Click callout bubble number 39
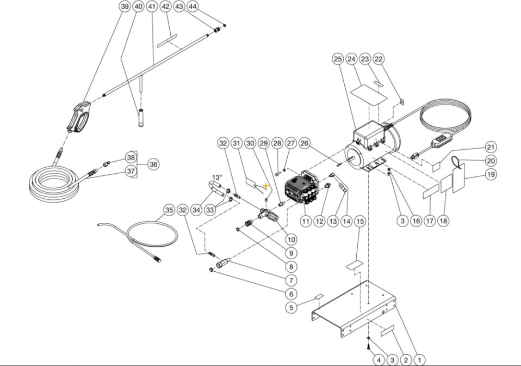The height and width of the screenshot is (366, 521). click(125, 7)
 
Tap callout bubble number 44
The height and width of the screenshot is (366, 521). click(192, 7)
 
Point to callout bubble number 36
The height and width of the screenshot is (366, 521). click(153, 164)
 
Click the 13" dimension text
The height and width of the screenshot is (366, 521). click(218, 178)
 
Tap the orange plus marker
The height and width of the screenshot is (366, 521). click(265, 186)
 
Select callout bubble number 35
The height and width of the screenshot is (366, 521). click(169, 210)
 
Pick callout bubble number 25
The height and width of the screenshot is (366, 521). click(337, 58)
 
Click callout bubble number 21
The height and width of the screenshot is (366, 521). click(491, 148)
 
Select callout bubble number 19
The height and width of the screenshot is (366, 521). click(491, 174)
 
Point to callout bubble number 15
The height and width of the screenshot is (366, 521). click(359, 221)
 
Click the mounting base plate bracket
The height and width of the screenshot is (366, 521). click(356, 310)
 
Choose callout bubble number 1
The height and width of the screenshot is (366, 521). click(419, 360)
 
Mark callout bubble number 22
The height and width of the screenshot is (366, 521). click(394, 58)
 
